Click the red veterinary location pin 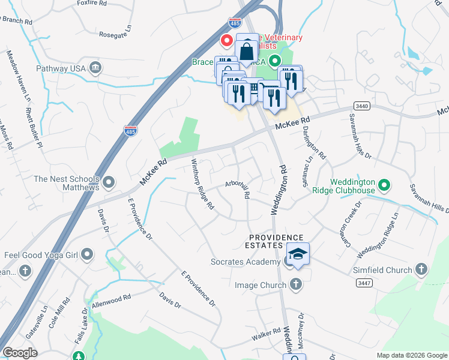pos(227,41)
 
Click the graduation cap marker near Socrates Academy pos(297,254)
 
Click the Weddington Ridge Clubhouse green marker pos(384,185)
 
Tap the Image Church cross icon pos(295,285)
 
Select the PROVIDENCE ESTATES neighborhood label pos(277,241)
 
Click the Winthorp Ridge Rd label pos(202,183)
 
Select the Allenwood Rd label pos(111,302)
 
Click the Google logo pos(20,353)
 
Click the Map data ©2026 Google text pos(412,355)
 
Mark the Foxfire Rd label pos(92,3)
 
